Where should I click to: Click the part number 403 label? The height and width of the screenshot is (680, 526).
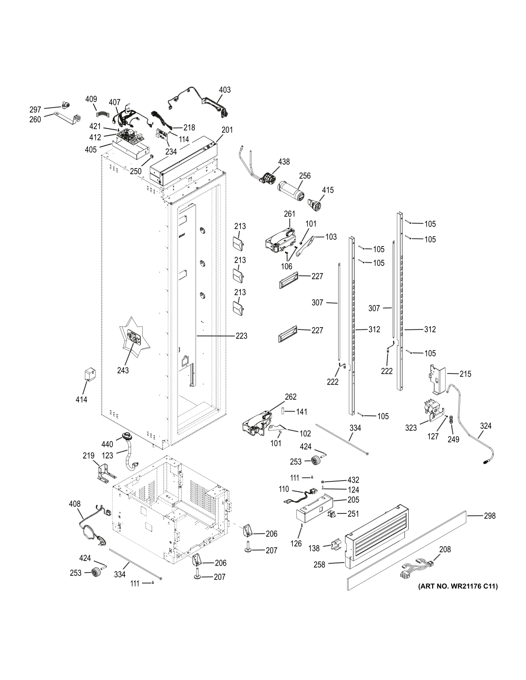coord(225,90)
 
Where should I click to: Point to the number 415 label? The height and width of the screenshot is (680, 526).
coord(328,190)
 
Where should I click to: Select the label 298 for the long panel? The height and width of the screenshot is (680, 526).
coord(490,516)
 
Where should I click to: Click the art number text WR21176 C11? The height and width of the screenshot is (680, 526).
coord(457,586)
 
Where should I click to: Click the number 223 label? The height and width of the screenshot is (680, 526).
coord(241,336)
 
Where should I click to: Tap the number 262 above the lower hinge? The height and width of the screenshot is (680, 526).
coord(290,397)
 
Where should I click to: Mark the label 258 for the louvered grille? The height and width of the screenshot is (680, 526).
coord(319,564)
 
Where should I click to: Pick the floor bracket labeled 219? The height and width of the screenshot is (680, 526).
coord(105,472)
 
